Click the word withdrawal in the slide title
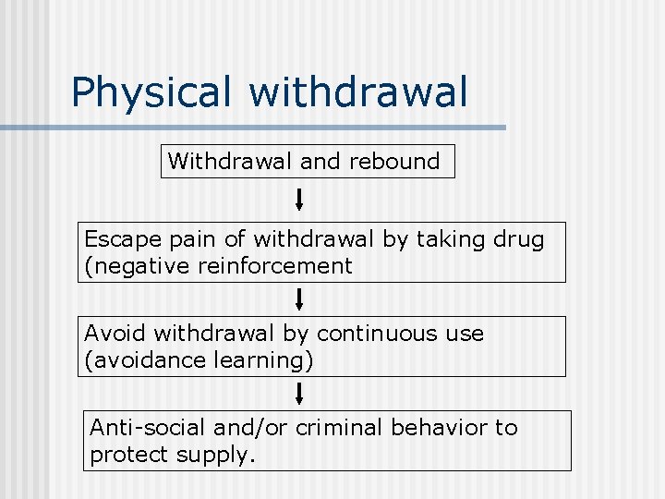pyautogui.click(x=358, y=92)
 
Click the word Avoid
pyautogui.click(x=115, y=334)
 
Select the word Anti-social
pyautogui.click(x=148, y=428)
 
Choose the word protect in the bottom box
pyautogui.click(x=127, y=455)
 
